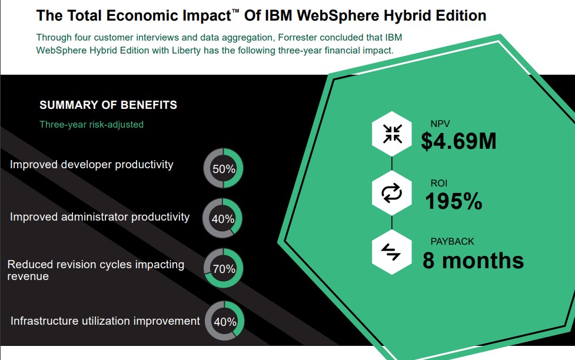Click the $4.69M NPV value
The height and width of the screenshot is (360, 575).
point(458,141)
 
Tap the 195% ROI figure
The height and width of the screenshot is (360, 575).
point(454,202)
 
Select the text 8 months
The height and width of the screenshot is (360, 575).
point(473,260)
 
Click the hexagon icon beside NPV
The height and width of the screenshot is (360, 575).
point(392,133)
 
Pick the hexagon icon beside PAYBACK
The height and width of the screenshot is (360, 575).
point(392,252)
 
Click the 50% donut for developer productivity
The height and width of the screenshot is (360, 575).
point(224,169)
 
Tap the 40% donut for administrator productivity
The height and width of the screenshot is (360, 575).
point(223,219)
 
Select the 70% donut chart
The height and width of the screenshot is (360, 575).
point(224,269)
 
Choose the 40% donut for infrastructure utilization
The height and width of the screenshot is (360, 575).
point(224,322)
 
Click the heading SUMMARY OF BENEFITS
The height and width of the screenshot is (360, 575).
point(108,105)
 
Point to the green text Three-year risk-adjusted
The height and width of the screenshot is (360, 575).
point(91,124)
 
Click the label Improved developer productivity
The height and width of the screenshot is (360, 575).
point(92,165)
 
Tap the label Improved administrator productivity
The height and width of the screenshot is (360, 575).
point(100,217)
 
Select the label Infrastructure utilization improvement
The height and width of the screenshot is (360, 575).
point(105,321)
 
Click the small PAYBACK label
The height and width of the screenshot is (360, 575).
point(452,242)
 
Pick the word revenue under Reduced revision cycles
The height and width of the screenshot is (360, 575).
point(28,276)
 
